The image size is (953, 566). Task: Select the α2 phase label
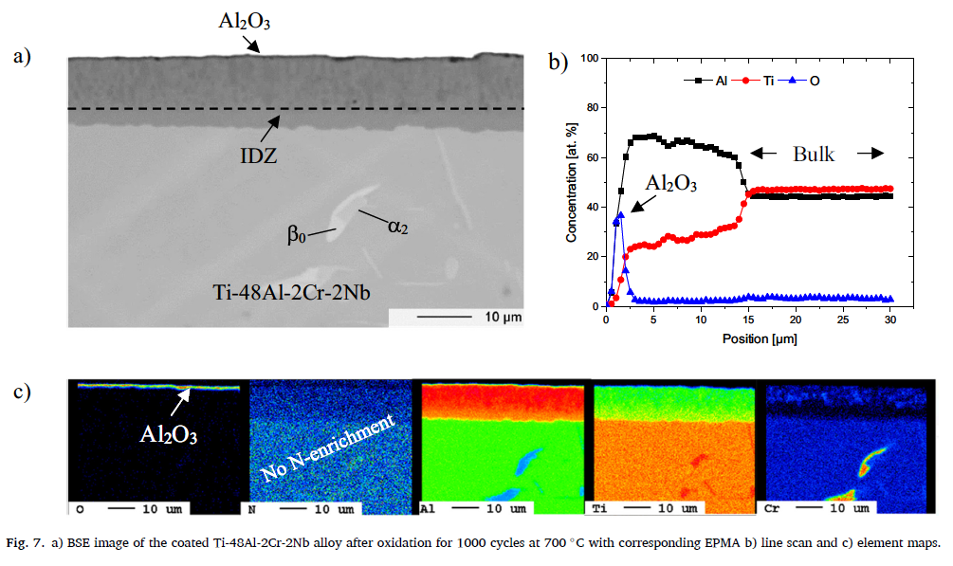(x=397, y=225)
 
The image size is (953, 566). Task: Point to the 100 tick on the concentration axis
(x=593, y=58)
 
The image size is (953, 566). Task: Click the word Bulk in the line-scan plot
(x=814, y=154)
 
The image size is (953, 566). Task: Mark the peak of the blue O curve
(x=620, y=215)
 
